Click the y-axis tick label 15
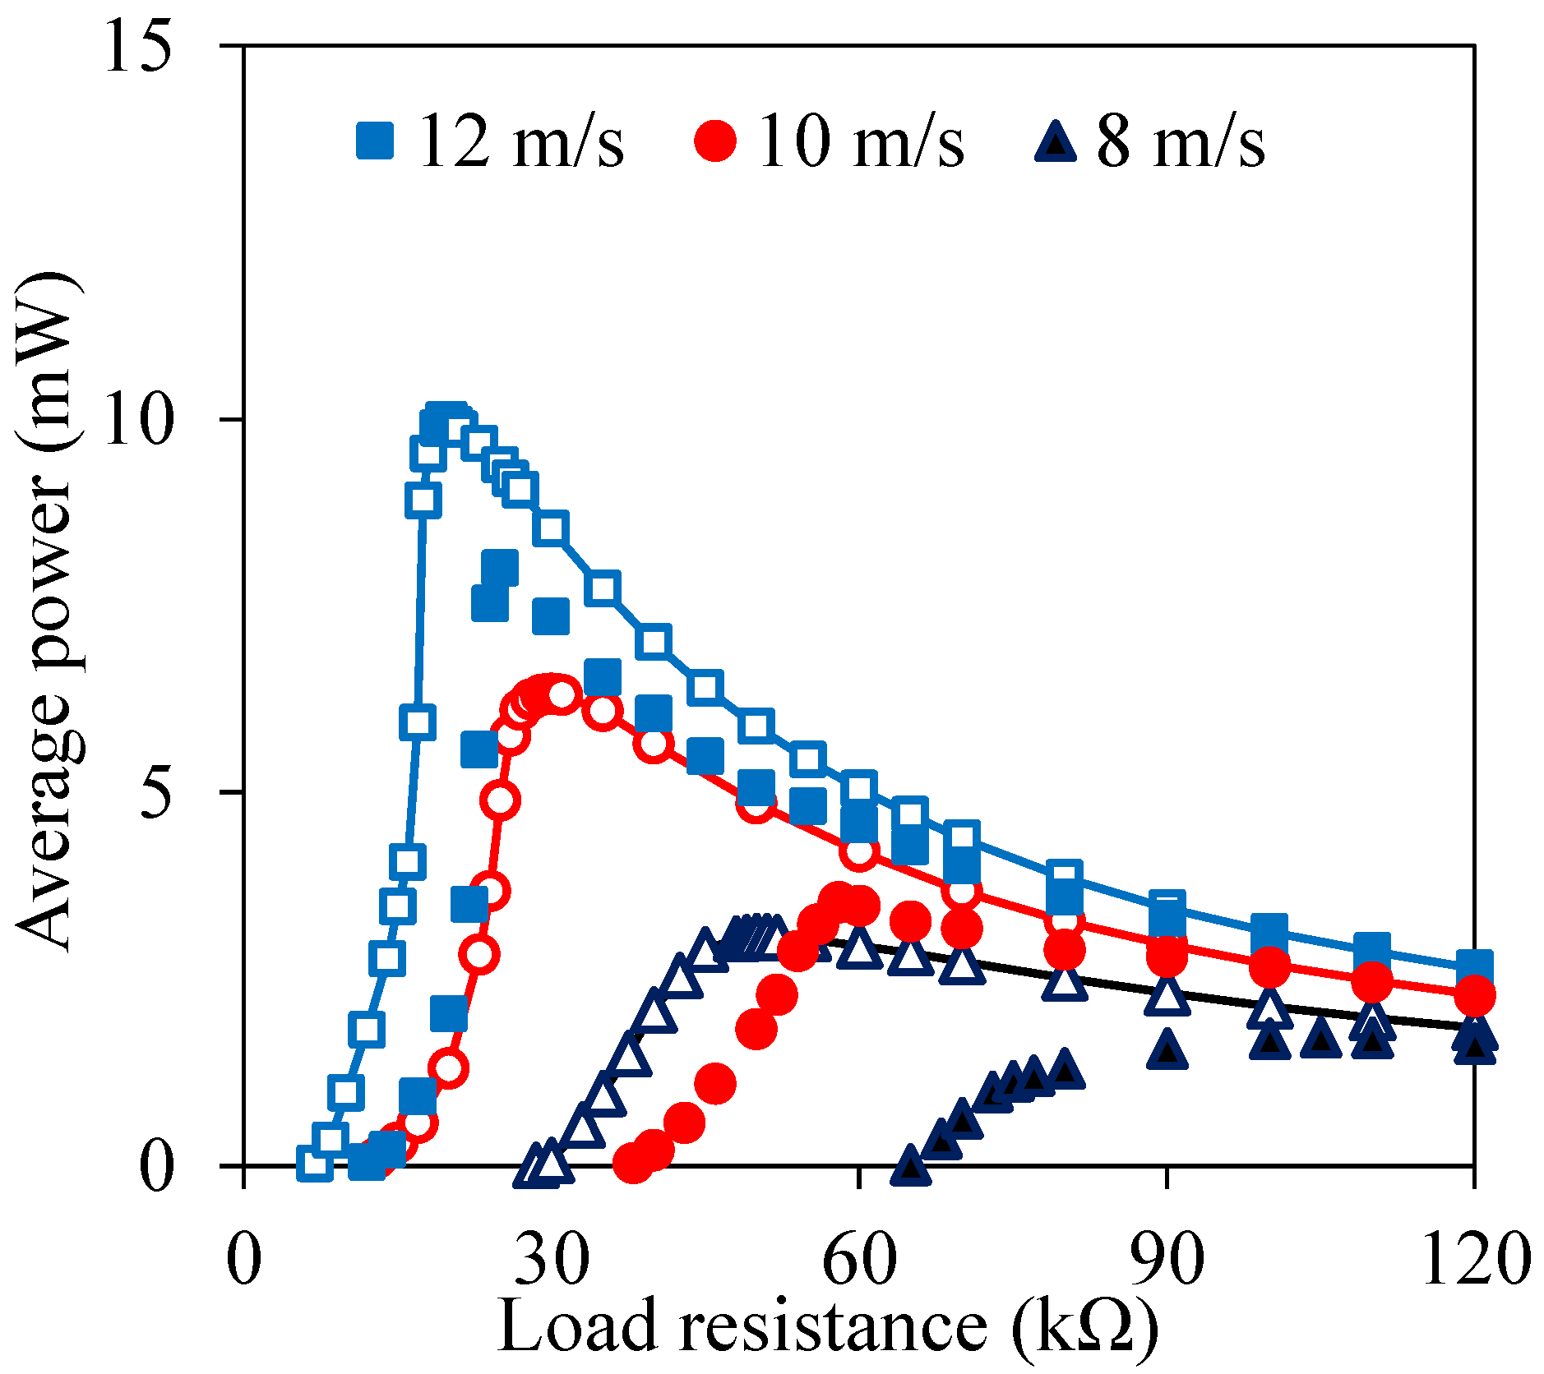coord(138,48)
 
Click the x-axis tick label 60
coord(859,1260)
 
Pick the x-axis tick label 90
coord(1167,1260)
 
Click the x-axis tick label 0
coord(243,1260)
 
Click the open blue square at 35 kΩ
coord(603,589)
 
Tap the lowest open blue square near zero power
coord(314,1164)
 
